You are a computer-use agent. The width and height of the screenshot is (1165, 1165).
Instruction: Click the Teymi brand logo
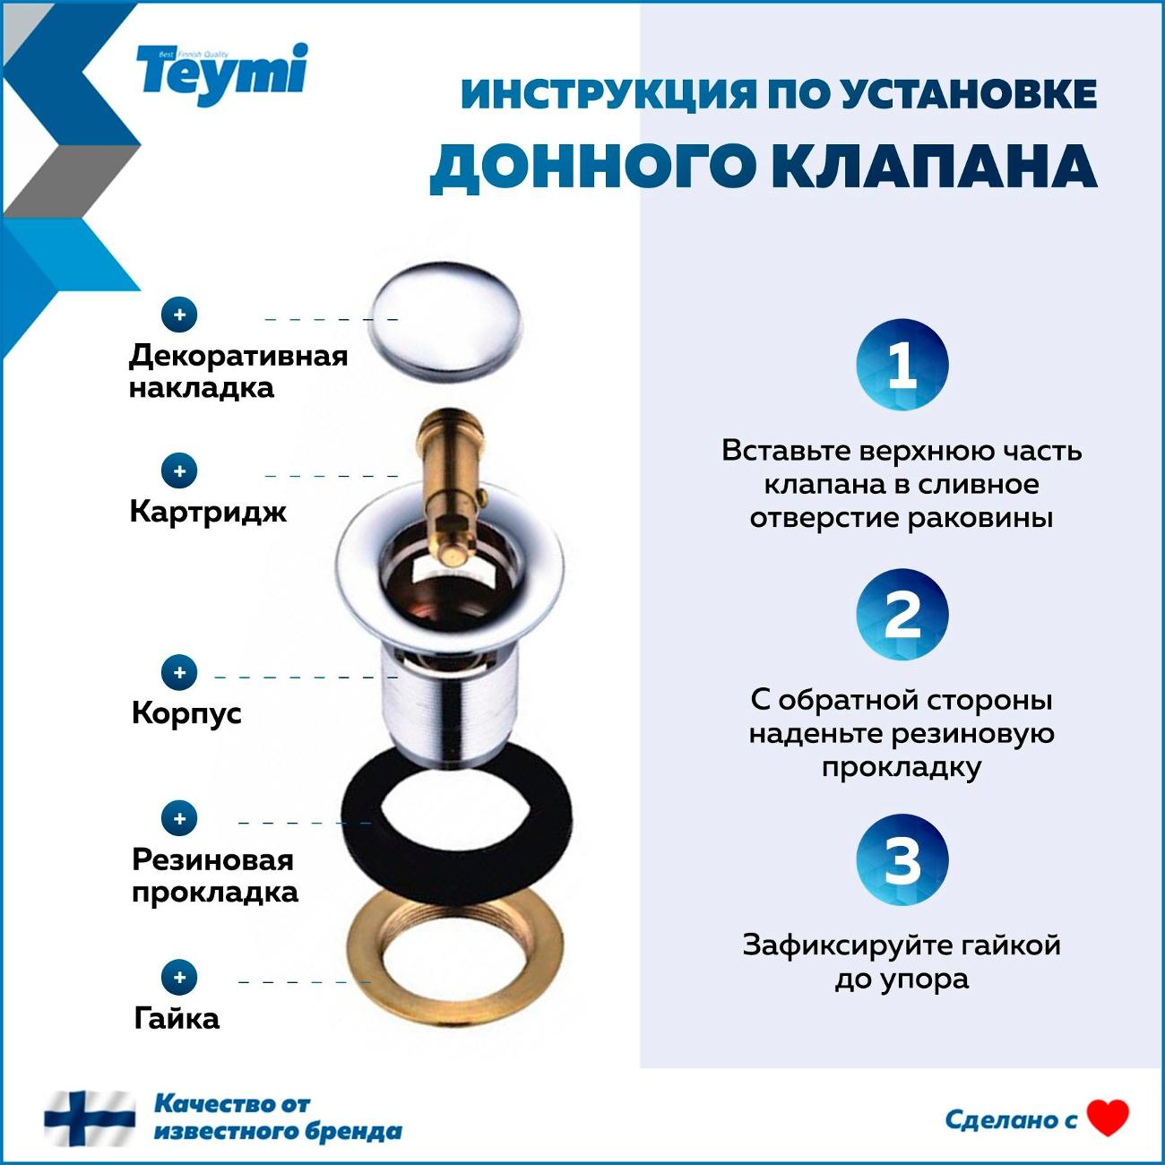click(221, 72)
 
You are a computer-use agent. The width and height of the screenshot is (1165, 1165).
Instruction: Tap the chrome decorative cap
click(444, 320)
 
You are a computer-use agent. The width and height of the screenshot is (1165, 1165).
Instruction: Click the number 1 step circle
click(901, 366)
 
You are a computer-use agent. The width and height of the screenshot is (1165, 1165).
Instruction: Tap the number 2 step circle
click(901, 615)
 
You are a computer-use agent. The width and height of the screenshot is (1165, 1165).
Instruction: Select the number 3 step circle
click(901, 860)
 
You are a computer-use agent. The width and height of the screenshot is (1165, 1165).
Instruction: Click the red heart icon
click(1108, 1118)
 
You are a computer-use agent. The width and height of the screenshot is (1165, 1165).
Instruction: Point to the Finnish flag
click(90, 1118)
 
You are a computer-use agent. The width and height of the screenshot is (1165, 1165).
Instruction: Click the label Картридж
click(208, 512)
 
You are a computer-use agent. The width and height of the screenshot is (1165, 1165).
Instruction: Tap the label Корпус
click(186, 713)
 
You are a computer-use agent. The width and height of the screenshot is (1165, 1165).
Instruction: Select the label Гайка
click(177, 1019)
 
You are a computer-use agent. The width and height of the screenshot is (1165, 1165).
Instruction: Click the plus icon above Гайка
click(179, 977)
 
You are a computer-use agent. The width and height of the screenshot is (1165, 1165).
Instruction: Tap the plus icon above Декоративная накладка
click(179, 315)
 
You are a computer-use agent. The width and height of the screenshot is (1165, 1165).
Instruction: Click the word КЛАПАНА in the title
click(933, 167)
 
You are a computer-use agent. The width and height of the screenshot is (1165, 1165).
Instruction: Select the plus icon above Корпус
click(179, 672)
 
